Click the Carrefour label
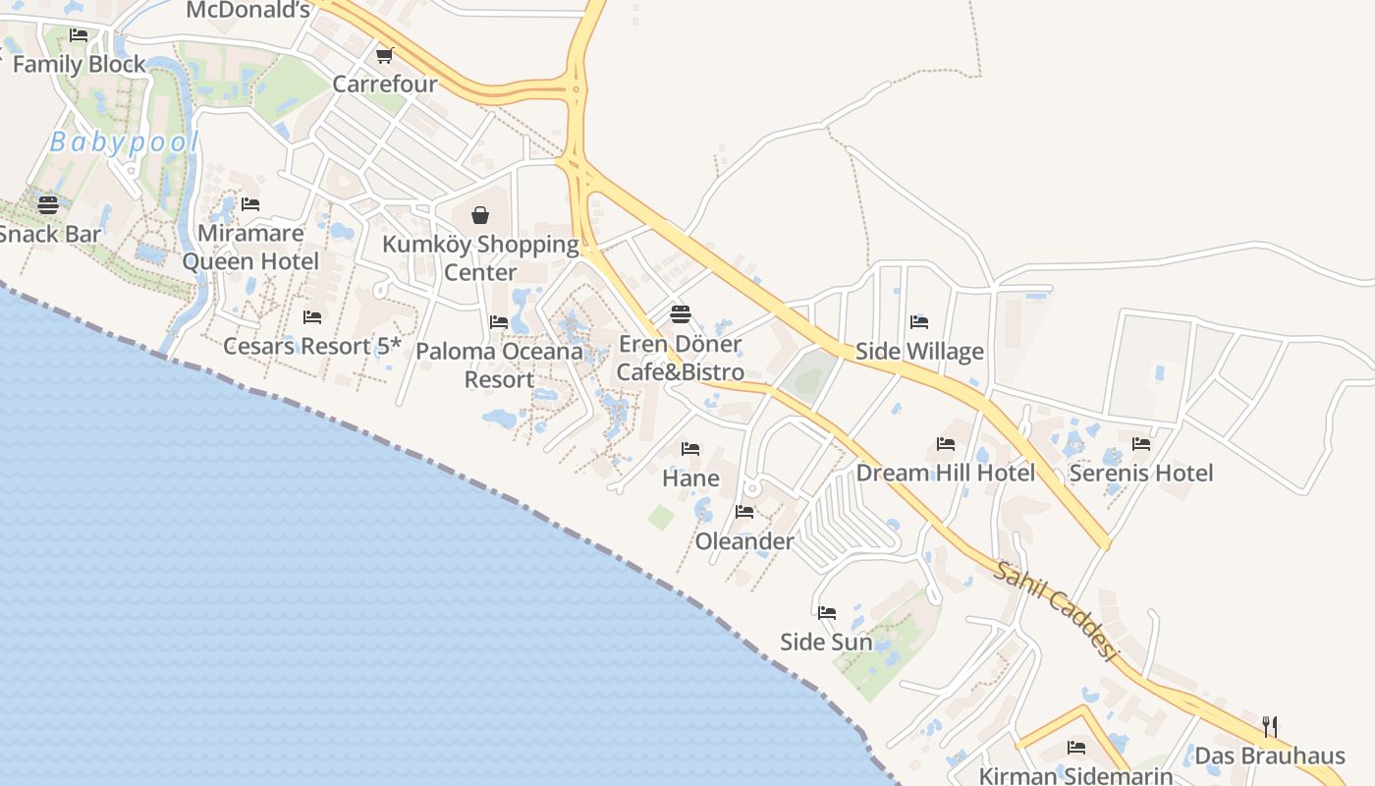(x=384, y=84)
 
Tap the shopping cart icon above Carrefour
(x=384, y=55)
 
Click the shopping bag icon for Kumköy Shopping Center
(x=480, y=215)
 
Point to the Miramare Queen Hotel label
(x=250, y=247)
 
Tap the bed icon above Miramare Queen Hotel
(x=250, y=204)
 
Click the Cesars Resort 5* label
(x=312, y=346)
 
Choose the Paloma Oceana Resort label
(x=499, y=365)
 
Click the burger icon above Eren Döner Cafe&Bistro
(x=680, y=314)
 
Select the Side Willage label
(x=919, y=351)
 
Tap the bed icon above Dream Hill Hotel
(x=946, y=444)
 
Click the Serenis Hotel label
(x=1140, y=473)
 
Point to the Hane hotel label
(x=690, y=478)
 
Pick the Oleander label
(x=744, y=541)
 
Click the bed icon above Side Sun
(x=827, y=613)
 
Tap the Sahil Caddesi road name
(x=1057, y=611)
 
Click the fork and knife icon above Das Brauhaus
(x=1270, y=727)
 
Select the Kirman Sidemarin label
(x=1076, y=775)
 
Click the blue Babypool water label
(x=124, y=142)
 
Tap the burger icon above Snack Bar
(x=47, y=205)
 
